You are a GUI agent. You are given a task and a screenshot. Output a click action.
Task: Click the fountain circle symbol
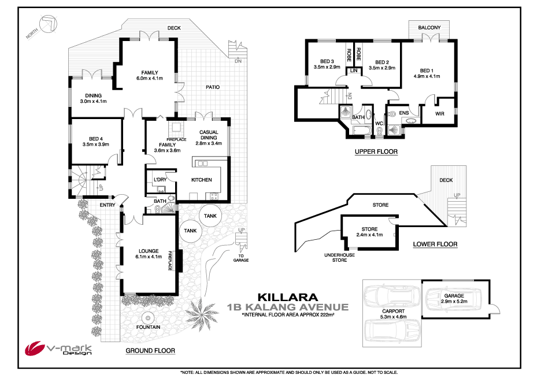point(149,317)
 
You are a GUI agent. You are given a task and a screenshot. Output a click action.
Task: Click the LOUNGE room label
point(149,250)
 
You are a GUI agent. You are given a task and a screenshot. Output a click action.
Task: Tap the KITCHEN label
point(201,180)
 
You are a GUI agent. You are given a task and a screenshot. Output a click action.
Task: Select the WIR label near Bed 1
point(439,113)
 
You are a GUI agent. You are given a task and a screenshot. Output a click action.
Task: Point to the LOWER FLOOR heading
point(435,244)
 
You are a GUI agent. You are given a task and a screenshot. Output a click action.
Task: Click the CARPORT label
point(392,311)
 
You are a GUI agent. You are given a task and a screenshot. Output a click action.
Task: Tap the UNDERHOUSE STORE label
point(340,257)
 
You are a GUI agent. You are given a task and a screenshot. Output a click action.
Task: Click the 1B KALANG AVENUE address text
point(288,307)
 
